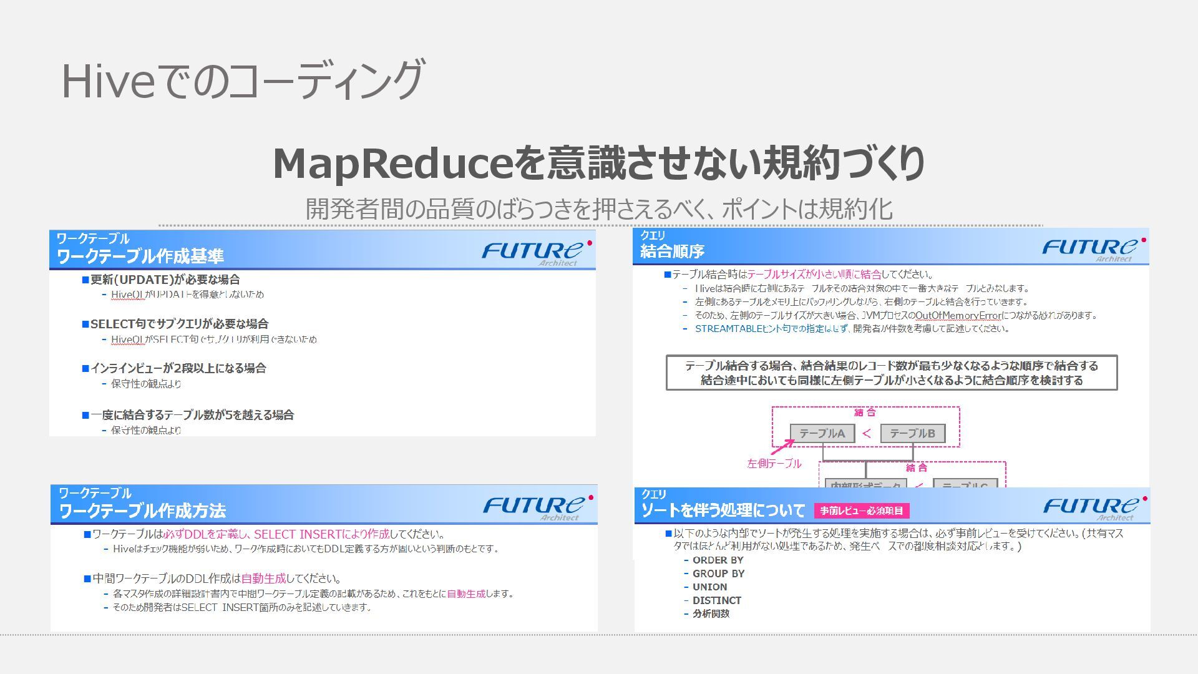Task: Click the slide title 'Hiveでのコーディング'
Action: click(x=242, y=80)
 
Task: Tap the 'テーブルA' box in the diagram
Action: click(x=822, y=433)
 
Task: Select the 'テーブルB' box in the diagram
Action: click(x=912, y=433)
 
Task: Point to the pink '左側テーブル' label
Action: click(x=774, y=464)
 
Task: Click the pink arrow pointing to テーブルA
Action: click(x=782, y=447)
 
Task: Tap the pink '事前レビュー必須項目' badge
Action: click(x=861, y=511)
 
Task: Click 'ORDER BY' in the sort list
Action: click(x=718, y=560)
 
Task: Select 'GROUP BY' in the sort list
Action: click(x=718, y=574)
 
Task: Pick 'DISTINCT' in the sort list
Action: click(x=716, y=600)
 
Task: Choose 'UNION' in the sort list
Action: click(x=709, y=587)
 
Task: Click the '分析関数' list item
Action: click(x=711, y=614)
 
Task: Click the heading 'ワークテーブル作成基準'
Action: click(x=140, y=256)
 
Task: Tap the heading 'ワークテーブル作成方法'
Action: click(x=142, y=511)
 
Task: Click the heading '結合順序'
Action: click(x=672, y=252)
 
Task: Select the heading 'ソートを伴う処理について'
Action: click(x=723, y=510)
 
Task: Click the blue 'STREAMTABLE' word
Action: click(x=729, y=329)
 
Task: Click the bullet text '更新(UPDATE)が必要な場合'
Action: click(x=165, y=280)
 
